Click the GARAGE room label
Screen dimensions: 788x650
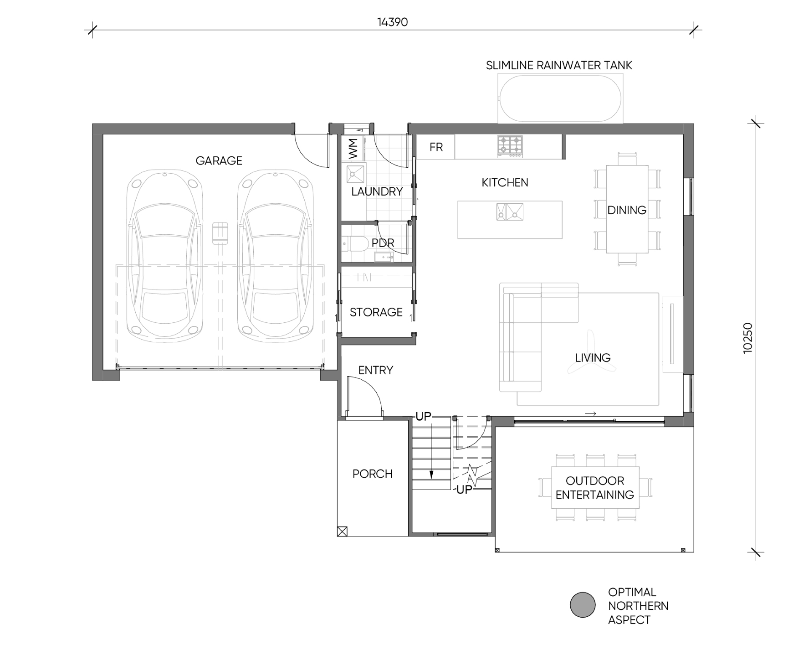219,160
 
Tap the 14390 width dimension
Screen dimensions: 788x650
392,22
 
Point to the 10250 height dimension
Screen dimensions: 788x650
748,338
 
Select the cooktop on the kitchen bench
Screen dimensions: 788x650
510,147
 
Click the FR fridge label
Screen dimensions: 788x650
436,147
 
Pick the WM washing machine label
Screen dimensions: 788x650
353,149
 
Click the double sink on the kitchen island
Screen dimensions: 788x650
510,212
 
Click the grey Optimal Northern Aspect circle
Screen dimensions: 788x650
583,605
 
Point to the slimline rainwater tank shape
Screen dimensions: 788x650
560,99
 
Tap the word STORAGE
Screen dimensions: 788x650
376,312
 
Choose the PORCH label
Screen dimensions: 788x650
372,474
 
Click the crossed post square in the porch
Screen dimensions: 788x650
342,531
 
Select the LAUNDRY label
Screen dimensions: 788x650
377,191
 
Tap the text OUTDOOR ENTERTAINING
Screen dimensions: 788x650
595,488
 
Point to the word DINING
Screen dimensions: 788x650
627,210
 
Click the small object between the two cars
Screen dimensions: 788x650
220,233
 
